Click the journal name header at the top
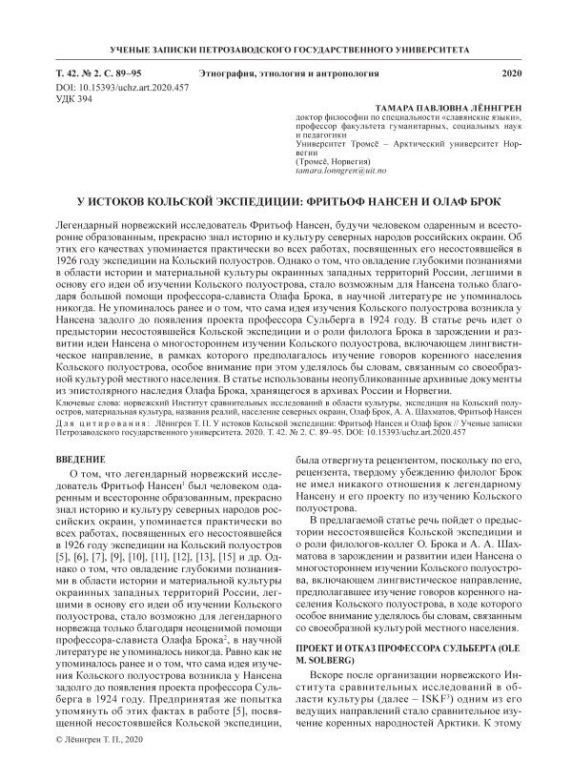click(x=286, y=48)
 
